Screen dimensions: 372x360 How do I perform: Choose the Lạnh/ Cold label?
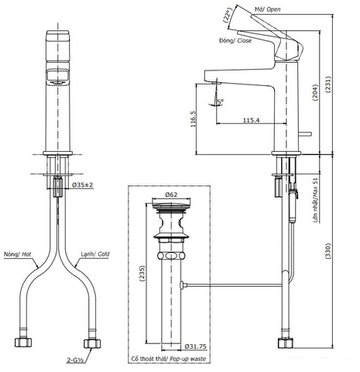click(94, 253)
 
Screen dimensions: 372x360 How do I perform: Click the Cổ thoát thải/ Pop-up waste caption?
click(172, 360)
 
